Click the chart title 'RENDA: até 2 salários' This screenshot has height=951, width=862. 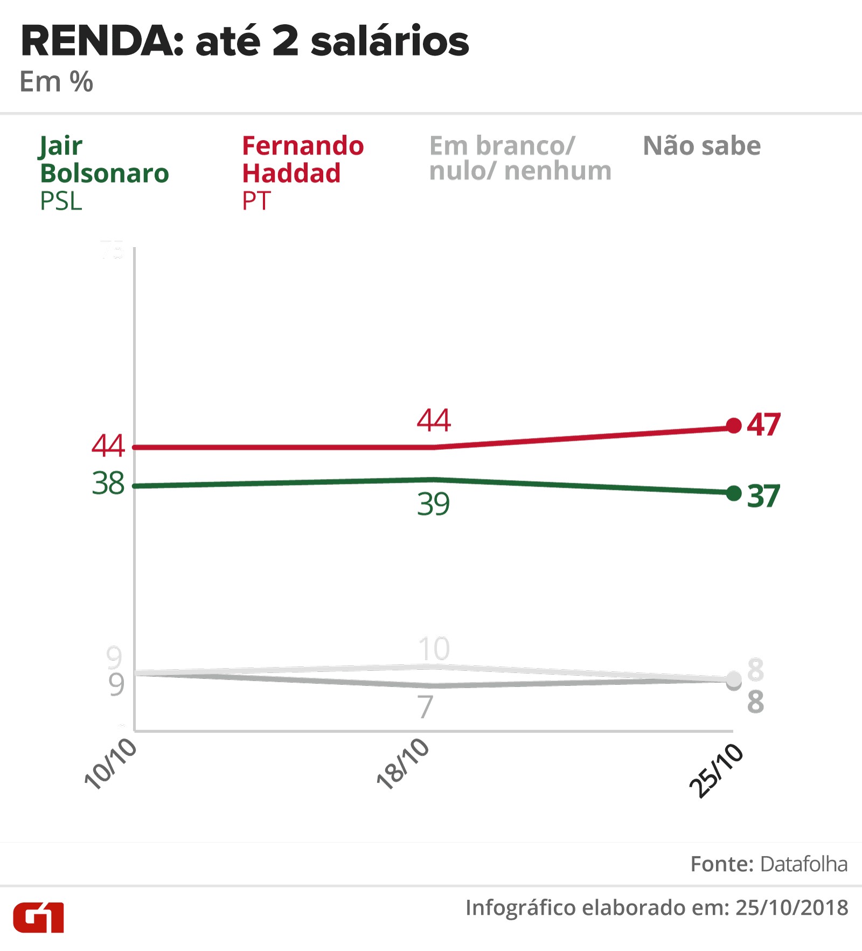tap(245, 42)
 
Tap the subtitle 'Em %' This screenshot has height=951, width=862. tap(56, 82)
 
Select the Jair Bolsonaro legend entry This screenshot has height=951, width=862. tap(104, 172)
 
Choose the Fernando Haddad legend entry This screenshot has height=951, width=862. tap(302, 172)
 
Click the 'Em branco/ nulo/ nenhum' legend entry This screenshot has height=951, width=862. tap(520, 158)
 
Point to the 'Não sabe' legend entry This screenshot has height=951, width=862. tap(701, 146)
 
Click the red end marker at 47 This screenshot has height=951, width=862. tap(733, 426)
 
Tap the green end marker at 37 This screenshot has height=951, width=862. tap(733, 493)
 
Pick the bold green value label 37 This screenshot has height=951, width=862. tap(763, 496)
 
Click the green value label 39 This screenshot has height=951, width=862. tap(433, 504)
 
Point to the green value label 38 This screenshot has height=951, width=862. tap(108, 483)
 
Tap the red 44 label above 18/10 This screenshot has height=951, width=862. tap(434, 420)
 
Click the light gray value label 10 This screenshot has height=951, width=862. tap(434, 649)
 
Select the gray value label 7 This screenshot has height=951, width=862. tap(426, 706)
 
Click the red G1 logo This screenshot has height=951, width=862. tap(39, 917)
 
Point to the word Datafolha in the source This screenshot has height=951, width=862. tap(803, 864)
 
